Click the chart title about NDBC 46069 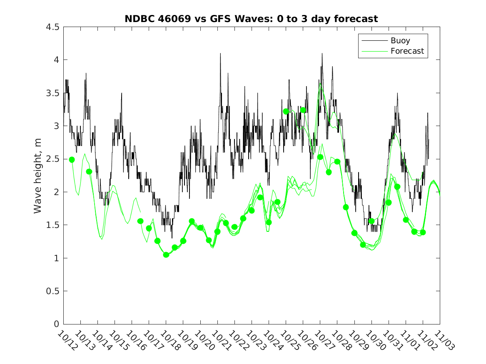pyautogui.click(x=251, y=19)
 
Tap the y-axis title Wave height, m pyautogui.click(x=38, y=176)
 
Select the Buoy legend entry pyautogui.click(x=400, y=41)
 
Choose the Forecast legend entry pyautogui.click(x=407, y=51)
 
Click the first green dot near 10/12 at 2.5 pyautogui.click(x=72, y=160)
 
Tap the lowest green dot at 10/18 pyautogui.click(x=166, y=255)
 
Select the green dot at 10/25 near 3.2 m pyautogui.click(x=286, y=111)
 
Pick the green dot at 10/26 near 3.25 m pyautogui.click(x=303, y=110)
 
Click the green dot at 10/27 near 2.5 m pyautogui.click(x=320, y=157)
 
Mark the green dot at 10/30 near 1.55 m pyautogui.click(x=371, y=221)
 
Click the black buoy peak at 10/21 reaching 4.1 pyautogui.click(x=220, y=54)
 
